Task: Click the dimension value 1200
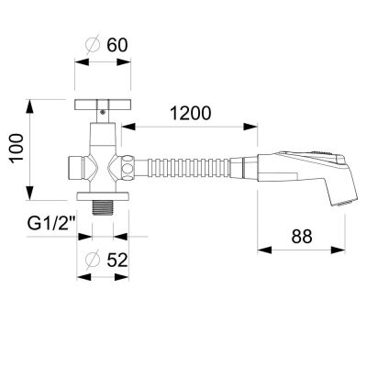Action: (190, 113)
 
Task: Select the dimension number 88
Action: (302, 237)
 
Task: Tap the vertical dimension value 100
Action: (17, 148)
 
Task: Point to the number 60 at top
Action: (117, 45)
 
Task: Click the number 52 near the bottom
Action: (117, 261)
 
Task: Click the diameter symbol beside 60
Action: (93, 46)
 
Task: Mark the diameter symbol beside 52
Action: (93, 261)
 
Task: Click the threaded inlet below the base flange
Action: (103, 207)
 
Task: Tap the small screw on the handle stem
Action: (103, 112)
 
